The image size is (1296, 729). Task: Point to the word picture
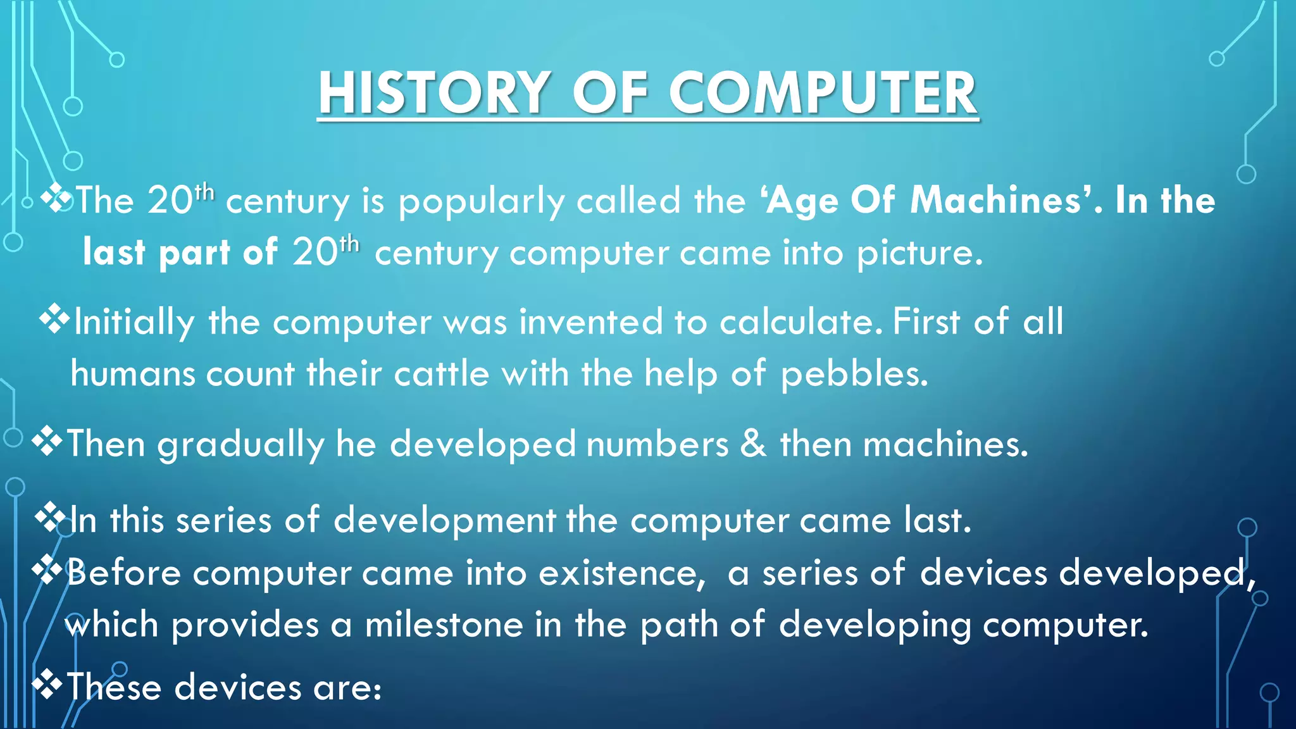919,254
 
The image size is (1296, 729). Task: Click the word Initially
134,322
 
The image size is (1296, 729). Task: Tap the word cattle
441,373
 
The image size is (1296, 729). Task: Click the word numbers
657,444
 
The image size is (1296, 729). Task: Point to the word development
444,521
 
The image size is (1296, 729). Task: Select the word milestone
444,625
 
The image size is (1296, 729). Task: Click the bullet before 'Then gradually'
47,442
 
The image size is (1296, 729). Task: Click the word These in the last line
114,687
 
